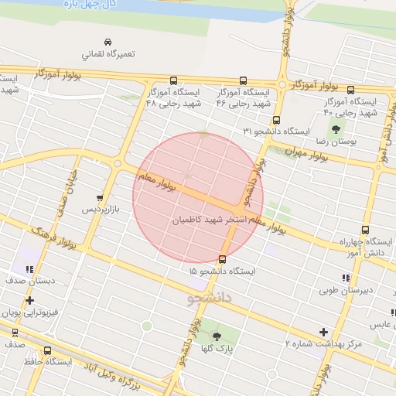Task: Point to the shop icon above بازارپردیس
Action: click(x=99, y=197)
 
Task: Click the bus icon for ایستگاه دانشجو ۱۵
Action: click(x=223, y=259)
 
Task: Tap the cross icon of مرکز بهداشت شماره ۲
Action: click(x=324, y=331)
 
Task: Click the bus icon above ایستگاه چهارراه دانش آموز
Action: click(x=365, y=230)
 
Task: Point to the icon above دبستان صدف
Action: click(x=29, y=269)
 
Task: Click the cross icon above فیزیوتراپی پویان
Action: click(x=29, y=300)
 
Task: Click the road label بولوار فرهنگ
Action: click(x=53, y=239)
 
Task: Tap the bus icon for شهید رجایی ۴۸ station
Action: click(x=172, y=80)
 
